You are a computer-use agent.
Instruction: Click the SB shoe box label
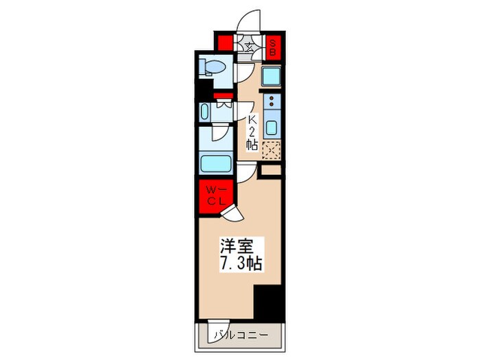coord(272,46)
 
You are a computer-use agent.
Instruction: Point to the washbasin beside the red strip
coord(204,112)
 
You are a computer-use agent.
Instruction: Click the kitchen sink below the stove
coord(272,128)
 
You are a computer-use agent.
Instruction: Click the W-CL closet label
coord(213,195)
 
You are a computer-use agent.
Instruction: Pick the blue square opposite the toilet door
coord(269,76)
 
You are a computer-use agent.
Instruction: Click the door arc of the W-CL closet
coord(232,215)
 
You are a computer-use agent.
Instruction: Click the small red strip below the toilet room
coord(221,95)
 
